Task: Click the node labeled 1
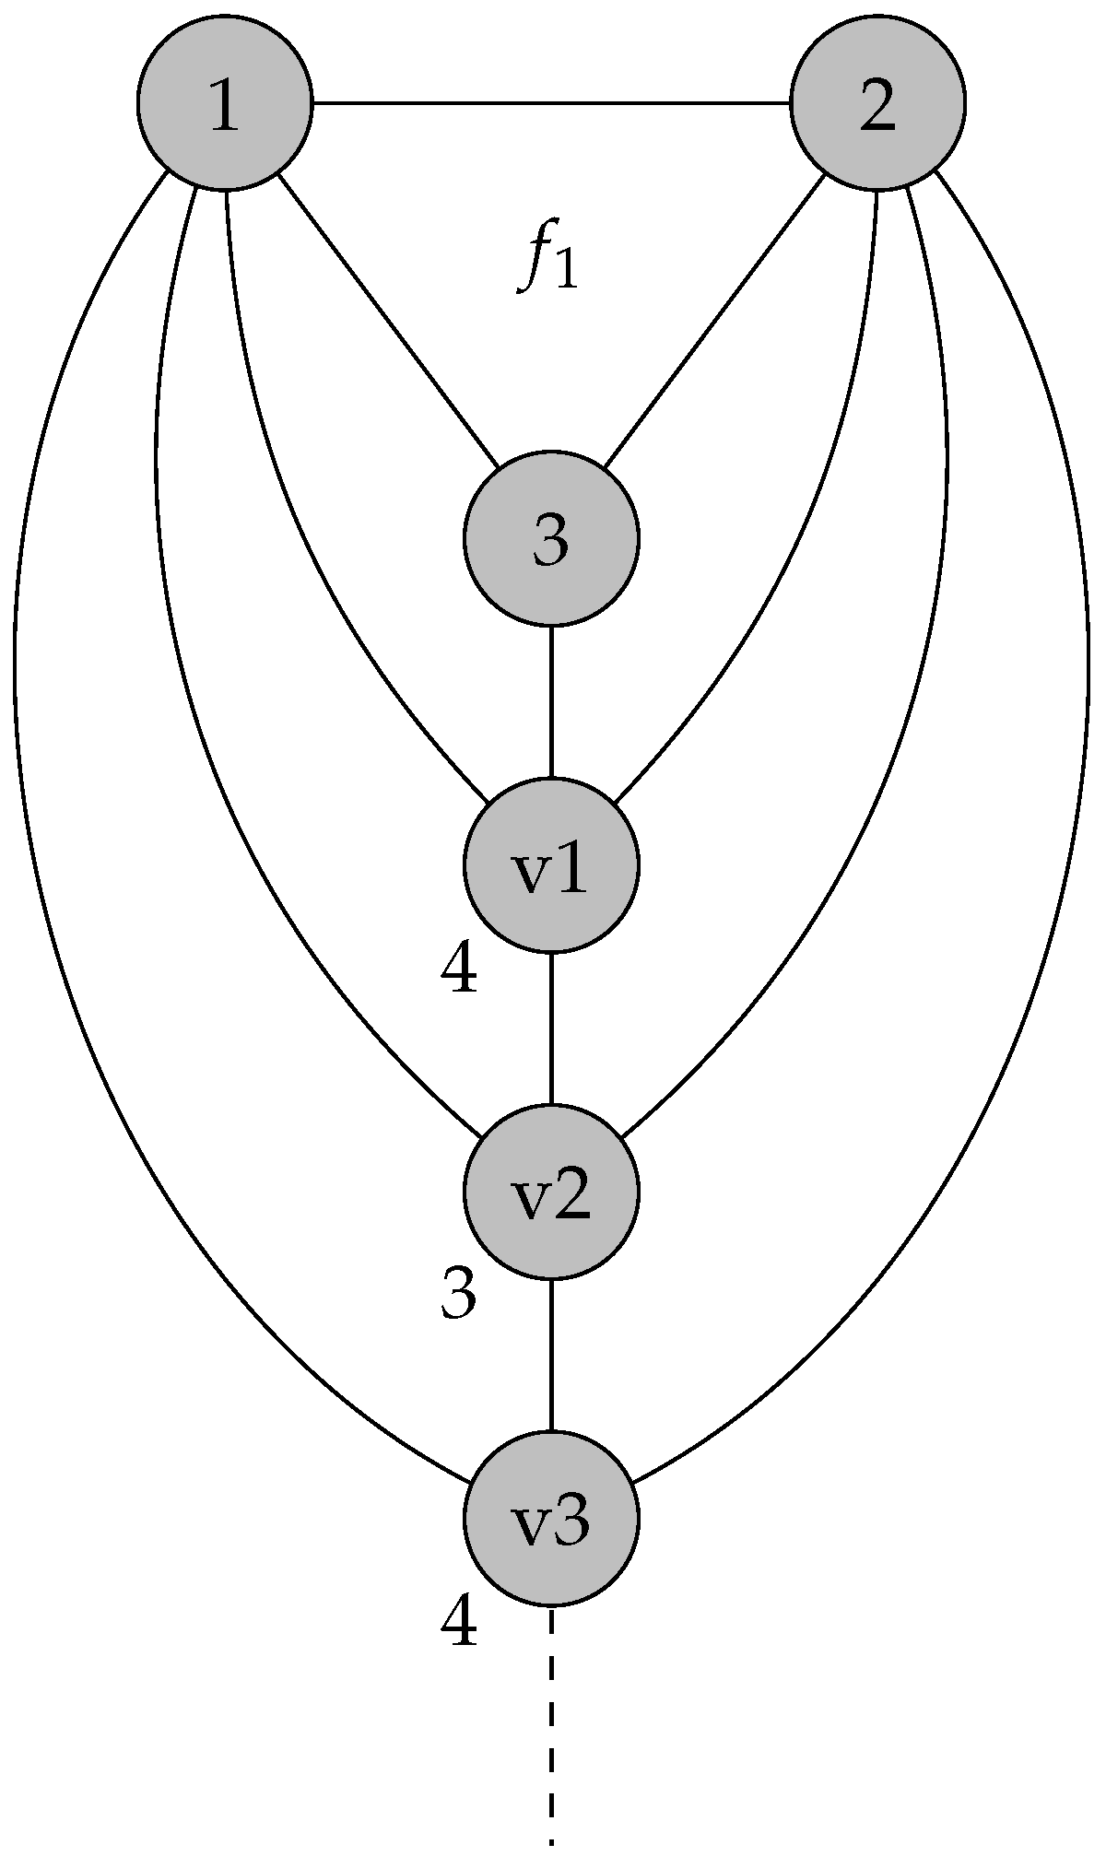[x=225, y=102]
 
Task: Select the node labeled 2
[x=877, y=102]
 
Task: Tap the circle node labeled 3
[x=550, y=539]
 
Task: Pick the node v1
[x=550, y=865]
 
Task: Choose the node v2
[x=550, y=1192]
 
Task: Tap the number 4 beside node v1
[x=459, y=971]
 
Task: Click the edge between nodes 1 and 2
[x=551, y=102]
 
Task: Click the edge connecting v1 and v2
[x=550, y=1028]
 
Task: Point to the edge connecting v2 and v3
[x=550, y=1356]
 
